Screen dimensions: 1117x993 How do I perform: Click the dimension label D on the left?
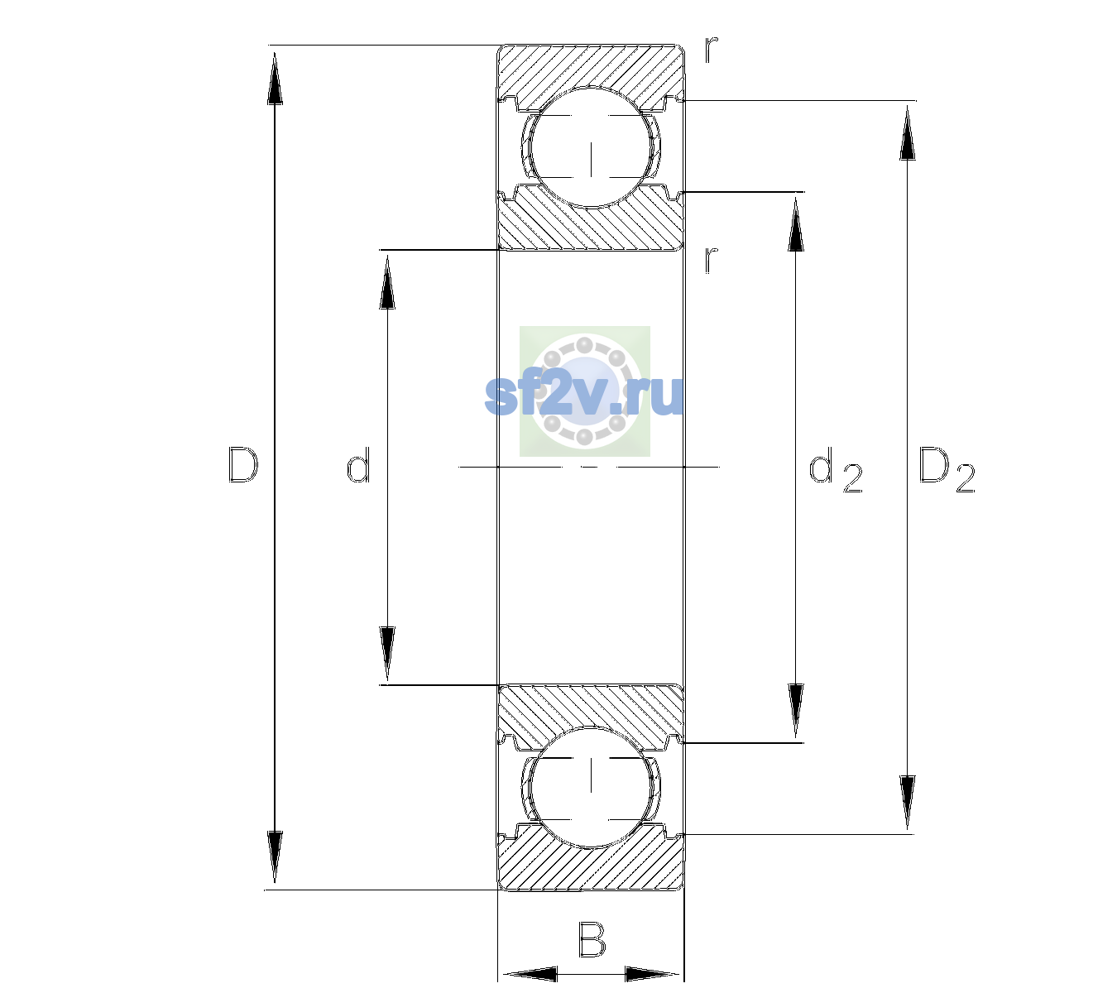243,465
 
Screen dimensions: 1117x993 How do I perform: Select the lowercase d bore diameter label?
358,465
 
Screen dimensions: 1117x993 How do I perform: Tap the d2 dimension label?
836,470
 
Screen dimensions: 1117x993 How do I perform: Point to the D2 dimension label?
947,470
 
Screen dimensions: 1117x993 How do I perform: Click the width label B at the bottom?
591,939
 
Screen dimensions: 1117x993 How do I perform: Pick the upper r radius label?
712,50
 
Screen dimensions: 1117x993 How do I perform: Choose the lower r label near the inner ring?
712,260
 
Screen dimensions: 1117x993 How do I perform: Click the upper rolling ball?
591,147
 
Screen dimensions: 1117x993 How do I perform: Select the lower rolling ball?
591,787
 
